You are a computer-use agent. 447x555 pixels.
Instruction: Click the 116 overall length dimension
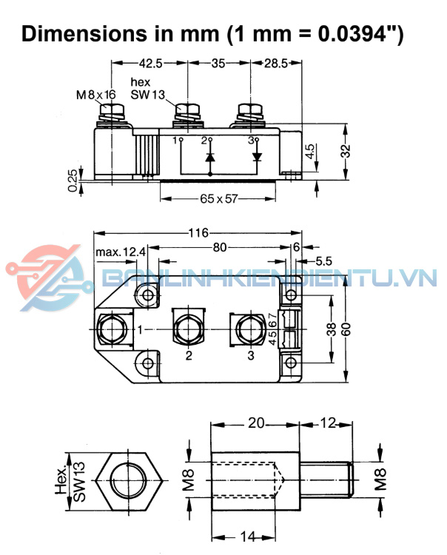(x=198, y=233)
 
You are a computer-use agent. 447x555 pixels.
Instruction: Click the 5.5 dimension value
(x=324, y=261)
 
